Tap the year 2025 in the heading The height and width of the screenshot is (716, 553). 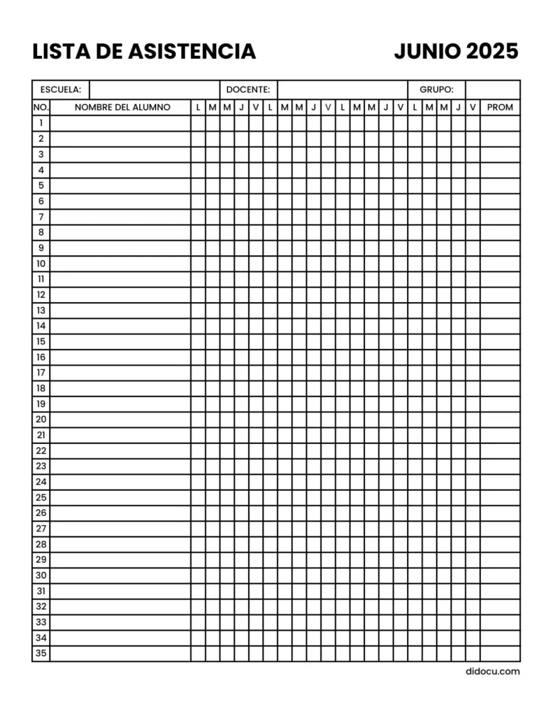(x=492, y=51)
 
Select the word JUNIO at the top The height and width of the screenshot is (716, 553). (x=427, y=51)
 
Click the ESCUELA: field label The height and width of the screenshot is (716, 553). (x=61, y=89)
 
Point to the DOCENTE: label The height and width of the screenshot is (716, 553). (x=247, y=89)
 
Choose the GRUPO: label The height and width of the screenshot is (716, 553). (x=436, y=89)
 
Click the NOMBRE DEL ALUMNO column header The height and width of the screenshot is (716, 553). (x=122, y=107)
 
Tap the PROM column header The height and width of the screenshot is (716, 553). (x=500, y=107)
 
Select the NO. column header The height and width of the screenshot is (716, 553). (x=41, y=107)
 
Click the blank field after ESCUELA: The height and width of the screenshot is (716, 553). (x=155, y=89)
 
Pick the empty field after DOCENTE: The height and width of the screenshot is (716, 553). (x=342, y=89)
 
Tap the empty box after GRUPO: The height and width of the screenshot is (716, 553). (x=492, y=89)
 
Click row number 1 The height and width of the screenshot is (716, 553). (x=41, y=123)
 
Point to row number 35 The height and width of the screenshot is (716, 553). (x=41, y=654)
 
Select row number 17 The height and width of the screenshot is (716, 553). (x=41, y=373)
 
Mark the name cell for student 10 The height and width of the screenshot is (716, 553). (x=120, y=264)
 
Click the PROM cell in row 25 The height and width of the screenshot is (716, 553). (x=500, y=498)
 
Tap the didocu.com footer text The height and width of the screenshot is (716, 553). (x=492, y=671)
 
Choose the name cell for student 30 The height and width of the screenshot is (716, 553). (x=120, y=575)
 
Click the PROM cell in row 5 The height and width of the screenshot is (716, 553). (x=500, y=185)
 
